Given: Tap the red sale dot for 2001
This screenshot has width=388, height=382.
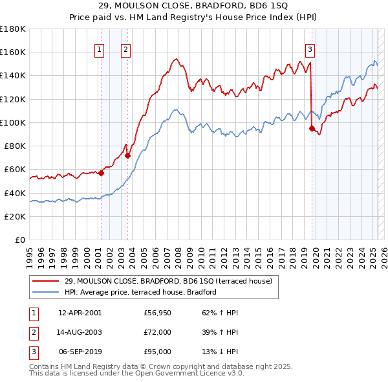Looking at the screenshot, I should (101, 173).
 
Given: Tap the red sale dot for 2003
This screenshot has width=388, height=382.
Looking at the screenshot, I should (127, 155).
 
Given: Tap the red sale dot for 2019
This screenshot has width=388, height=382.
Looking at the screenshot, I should (312, 128).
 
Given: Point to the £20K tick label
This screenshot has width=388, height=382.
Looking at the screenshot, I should (15, 216).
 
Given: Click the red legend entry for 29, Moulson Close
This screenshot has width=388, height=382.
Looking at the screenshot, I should (168, 281).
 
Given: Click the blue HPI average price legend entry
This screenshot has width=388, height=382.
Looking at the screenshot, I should (140, 292).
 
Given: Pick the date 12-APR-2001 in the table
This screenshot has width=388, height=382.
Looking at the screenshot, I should (80, 313).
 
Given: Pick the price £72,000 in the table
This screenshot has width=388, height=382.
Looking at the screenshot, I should (158, 332).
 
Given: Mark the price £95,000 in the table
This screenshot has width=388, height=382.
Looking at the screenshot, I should (158, 352).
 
